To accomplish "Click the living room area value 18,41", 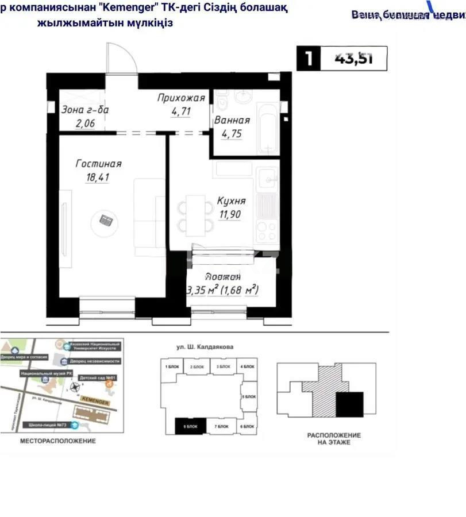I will click(98, 178).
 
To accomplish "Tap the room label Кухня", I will click(232, 201).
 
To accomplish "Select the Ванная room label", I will click(232, 121).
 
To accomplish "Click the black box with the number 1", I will click(309, 59).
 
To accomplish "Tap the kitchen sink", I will click(267, 178).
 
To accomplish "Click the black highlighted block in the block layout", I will click(190, 426).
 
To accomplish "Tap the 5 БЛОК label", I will click(248, 397).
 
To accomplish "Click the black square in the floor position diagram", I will click(349, 404).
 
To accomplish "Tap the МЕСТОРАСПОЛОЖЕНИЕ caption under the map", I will click(58, 441).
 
